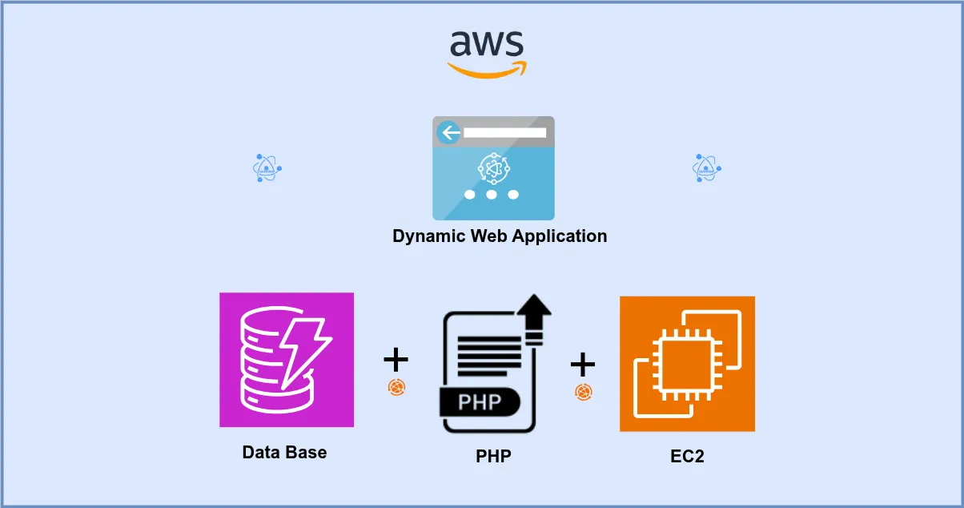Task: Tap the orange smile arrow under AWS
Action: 488,70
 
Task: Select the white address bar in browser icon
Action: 504,132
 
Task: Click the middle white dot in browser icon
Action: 492,195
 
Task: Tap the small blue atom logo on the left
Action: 267,168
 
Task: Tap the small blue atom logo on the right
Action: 706,168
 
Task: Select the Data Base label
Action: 284,452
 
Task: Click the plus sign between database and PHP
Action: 396,360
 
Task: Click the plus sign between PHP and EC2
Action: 583,365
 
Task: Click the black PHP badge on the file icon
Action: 480,401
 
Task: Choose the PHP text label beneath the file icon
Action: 493,457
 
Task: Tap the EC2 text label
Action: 687,457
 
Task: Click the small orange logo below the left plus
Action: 397,388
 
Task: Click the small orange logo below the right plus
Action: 584,392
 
